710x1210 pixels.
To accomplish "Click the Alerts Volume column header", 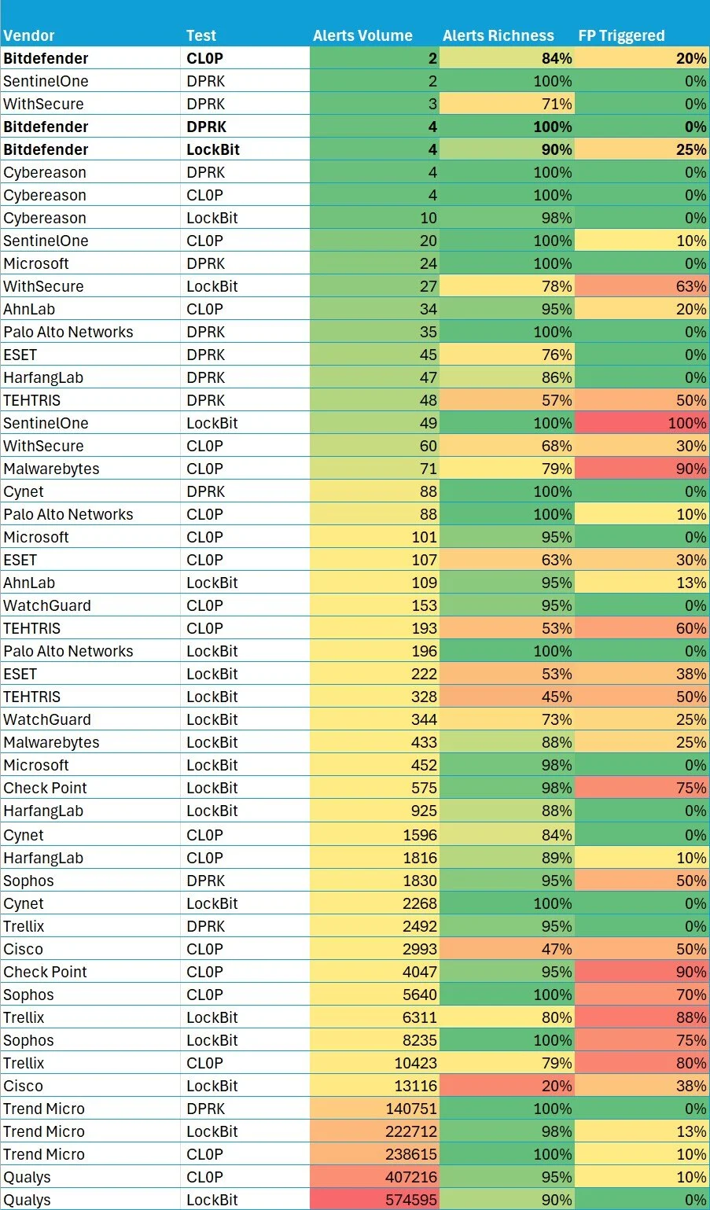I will coord(362,35).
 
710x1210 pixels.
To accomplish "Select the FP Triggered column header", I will coord(621,35).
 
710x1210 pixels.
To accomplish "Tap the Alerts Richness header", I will coord(498,35).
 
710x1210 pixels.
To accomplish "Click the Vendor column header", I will coord(29,35).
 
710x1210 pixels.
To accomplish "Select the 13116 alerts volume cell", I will coord(416,1086).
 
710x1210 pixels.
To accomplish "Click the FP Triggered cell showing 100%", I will coord(686,423).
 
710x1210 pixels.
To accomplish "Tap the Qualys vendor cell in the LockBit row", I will coord(27,1200).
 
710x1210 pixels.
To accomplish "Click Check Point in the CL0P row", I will coord(45,972).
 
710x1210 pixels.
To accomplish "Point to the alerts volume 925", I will coord(424,811).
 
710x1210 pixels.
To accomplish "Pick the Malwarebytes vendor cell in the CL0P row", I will coord(51,469).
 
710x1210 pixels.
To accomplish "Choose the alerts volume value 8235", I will coord(420,1040).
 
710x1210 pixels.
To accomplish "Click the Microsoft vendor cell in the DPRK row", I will coord(36,263).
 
